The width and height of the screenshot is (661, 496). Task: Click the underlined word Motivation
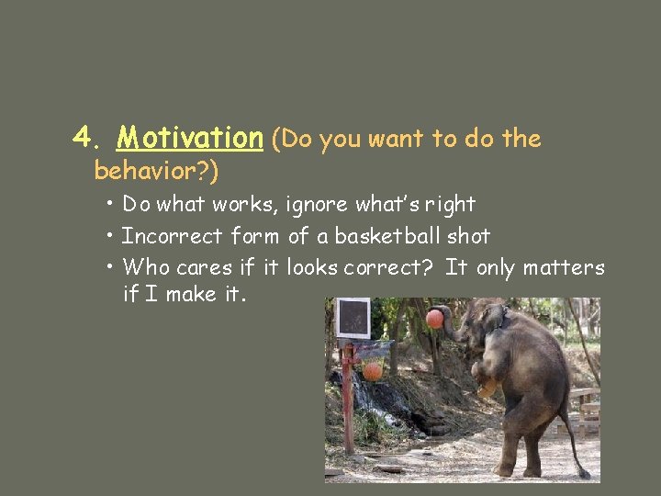190,139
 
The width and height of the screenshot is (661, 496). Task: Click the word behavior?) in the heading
157,171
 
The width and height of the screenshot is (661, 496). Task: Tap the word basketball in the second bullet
388,236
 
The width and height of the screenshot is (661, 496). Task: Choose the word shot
468,236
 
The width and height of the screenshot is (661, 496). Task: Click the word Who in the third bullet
141,268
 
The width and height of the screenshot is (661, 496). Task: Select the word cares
190,268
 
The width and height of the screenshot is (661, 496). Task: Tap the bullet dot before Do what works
109,202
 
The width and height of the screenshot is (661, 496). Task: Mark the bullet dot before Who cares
109,266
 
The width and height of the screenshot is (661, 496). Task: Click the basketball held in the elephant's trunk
434,319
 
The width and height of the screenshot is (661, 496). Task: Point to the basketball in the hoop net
372,370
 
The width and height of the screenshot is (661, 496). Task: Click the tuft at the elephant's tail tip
583,473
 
